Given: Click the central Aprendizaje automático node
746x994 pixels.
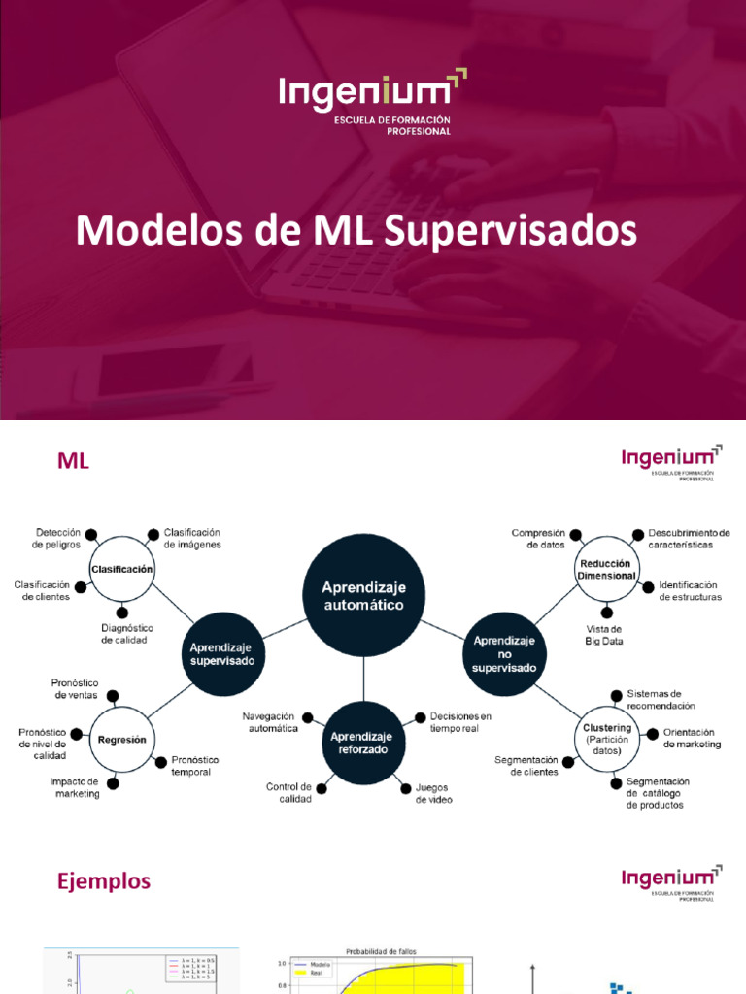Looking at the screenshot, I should click(363, 595).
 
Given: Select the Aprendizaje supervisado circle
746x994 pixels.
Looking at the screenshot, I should click(221, 652).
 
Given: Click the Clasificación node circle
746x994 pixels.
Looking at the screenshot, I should click(121, 569).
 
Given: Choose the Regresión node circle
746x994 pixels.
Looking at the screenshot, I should click(121, 739).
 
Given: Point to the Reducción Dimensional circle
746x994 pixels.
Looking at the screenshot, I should click(605, 569).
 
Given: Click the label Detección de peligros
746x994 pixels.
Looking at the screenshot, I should click(57, 539).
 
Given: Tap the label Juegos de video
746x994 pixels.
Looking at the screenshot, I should click(433, 793).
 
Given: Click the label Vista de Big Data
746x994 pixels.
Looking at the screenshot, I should click(604, 635).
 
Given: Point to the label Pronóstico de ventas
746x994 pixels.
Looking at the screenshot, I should click(75, 689).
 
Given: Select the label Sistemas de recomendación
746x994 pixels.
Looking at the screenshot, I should click(661, 699).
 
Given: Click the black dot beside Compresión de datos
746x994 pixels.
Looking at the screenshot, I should click(576, 535).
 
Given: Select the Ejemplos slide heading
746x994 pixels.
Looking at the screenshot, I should click(104, 881).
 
